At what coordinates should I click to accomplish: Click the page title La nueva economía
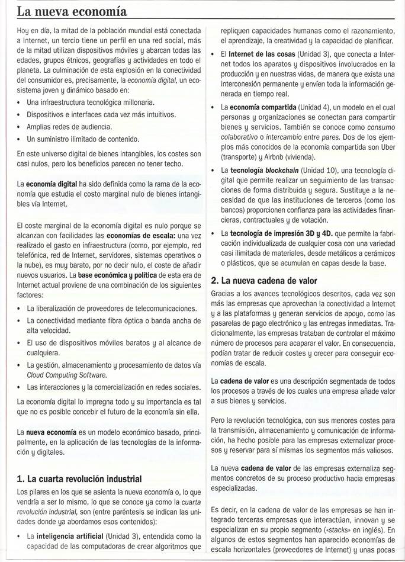pos(71,11)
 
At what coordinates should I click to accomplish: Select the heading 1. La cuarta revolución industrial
pos(79,478)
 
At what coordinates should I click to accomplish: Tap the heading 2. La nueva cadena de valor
pos(264,281)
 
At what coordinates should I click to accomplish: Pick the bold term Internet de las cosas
pos(262,54)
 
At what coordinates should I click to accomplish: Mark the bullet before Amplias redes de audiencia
pos(20,127)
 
